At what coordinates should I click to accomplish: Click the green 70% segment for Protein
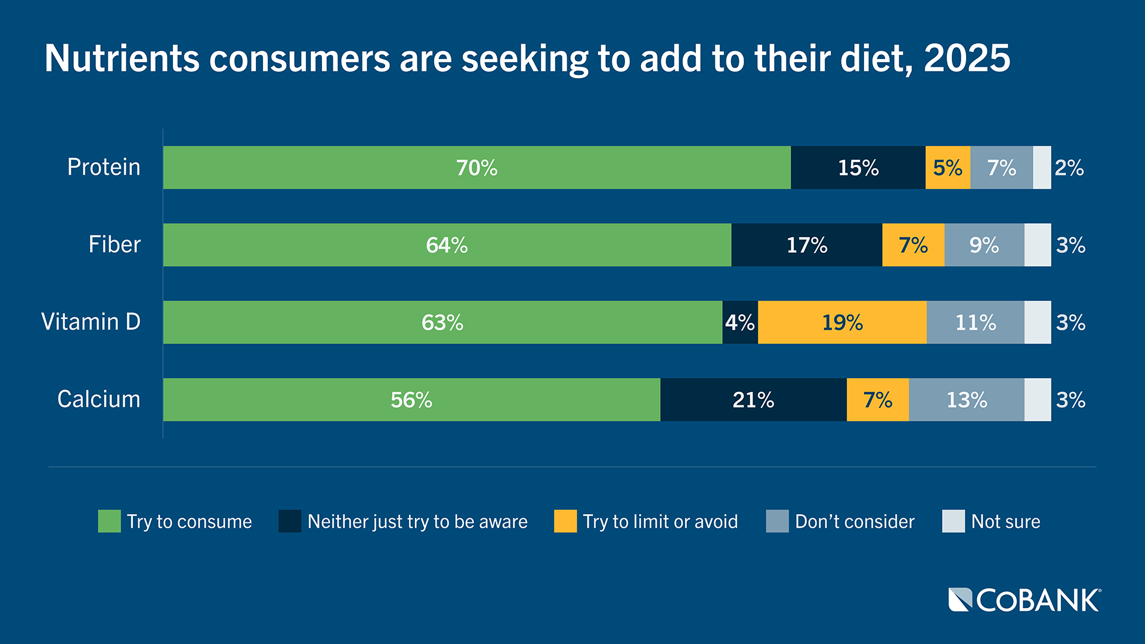(476, 168)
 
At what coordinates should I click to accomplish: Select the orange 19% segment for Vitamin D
(842, 323)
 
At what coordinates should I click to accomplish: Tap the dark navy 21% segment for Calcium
(753, 400)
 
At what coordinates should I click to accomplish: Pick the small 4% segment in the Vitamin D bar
(739, 323)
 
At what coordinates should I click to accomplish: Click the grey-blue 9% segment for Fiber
(984, 245)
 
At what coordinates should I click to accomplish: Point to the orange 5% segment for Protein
(948, 168)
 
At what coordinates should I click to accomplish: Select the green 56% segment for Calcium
(411, 400)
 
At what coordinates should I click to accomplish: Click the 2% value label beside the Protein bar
(1069, 168)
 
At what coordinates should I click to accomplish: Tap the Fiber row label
(114, 244)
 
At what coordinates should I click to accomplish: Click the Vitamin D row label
(91, 322)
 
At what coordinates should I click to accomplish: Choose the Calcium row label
(98, 399)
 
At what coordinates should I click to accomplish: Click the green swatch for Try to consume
(109, 521)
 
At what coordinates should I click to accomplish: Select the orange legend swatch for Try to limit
(565, 521)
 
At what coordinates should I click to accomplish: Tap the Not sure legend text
(1005, 522)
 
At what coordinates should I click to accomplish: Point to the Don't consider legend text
(854, 522)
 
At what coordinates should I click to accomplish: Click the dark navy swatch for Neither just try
(290, 521)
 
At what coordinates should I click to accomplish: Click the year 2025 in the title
(967, 58)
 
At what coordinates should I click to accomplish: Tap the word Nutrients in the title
(122, 58)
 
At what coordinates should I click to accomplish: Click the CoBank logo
(1025, 600)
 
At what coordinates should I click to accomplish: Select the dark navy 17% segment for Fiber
(806, 245)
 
